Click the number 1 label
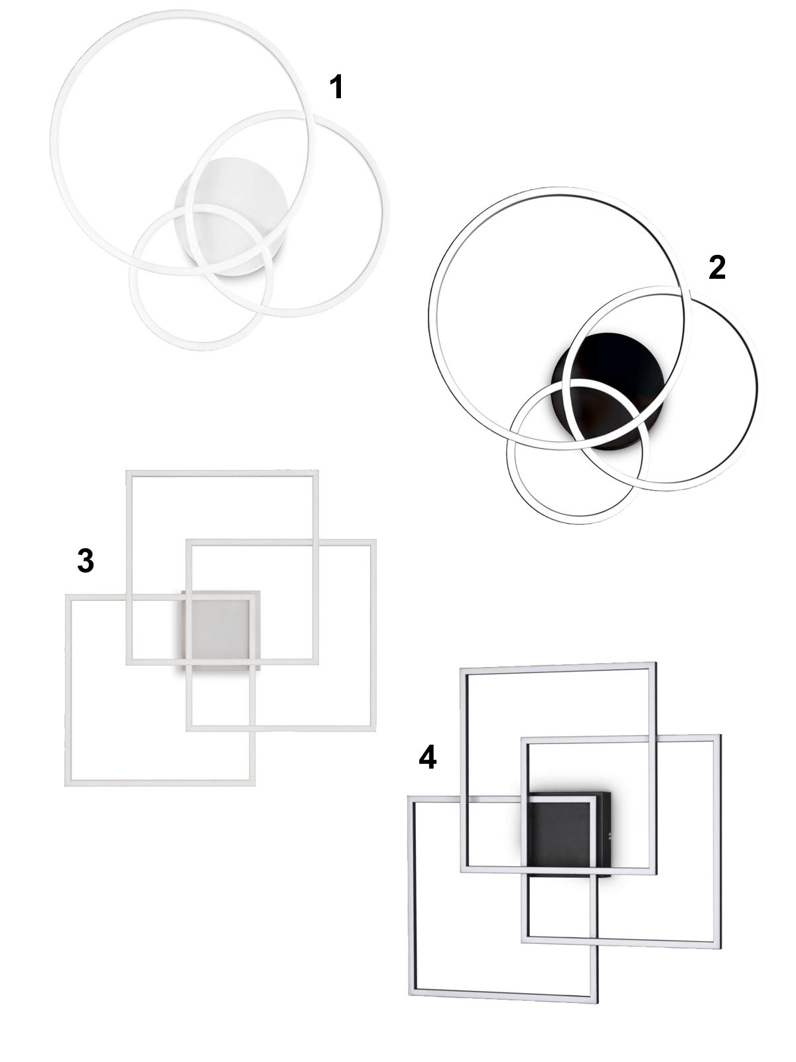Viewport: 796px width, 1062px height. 336,88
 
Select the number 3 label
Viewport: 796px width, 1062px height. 86,562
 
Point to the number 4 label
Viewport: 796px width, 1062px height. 427,758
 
